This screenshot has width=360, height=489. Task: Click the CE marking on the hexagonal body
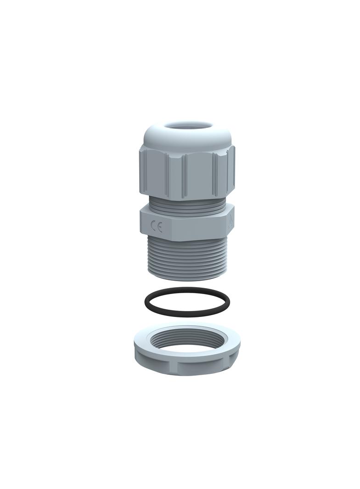(157, 227)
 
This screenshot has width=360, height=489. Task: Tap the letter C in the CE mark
(154, 227)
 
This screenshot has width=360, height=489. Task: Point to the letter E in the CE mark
(160, 228)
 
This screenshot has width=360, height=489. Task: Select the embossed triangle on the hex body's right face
(230, 223)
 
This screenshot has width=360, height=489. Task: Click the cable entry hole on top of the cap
(189, 125)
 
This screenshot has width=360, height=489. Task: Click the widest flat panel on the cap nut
(198, 176)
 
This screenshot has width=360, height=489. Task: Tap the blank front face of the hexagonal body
(193, 227)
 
